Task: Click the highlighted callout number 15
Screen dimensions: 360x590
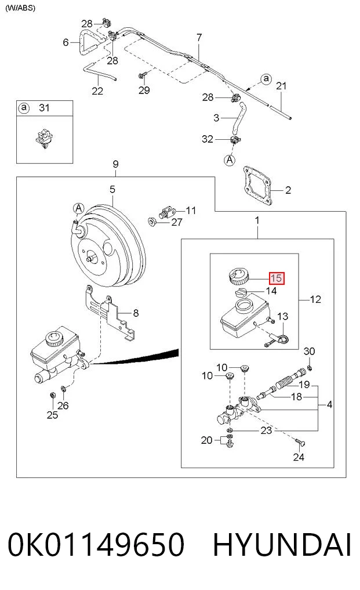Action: pyautogui.click(x=277, y=278)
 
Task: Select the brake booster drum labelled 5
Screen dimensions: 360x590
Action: pyautogui.click(x=108, y=245)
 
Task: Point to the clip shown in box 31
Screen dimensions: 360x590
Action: pyautogui.click(x=44, y=137)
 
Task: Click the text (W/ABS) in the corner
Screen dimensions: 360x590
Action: pyautogui.click(x=20, y=8)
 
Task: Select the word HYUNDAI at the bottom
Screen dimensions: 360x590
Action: pyautogui.click(x=282, y=545)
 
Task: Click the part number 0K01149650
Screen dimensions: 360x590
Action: pyautogui.click(x=96, y=545)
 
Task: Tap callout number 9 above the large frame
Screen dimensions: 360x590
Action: pyautogui.click(x=115, y=164)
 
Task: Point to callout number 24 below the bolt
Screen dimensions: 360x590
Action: pyautogui.click(x=299, y=457)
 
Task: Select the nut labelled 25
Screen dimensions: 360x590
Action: pyautogui.click(x=53, y=394)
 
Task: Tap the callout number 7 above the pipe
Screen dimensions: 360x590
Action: pyautogui.click(x=199, y=37)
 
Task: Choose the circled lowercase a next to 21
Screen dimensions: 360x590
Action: pyautogui.click(x=266, y=79)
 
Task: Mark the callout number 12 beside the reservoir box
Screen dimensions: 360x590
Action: pyautogui.click(x=315, y=299)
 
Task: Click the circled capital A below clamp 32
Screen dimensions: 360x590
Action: pyautogui.click(x=230, y=160)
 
